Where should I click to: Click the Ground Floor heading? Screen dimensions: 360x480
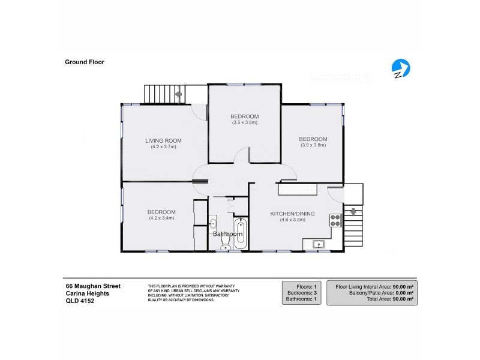coord(85,61)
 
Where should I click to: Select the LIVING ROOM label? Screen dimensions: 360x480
coord(163,141)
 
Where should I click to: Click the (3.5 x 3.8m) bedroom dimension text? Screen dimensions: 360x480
coord(244,122)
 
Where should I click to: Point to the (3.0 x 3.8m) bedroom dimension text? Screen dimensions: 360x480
coord(313,145)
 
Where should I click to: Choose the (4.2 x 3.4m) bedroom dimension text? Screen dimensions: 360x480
coord(161,218)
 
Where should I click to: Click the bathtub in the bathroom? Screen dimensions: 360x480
coord(240,234)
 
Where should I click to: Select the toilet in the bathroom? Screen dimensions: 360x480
coord(226,244)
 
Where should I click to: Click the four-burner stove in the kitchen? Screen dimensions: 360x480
coord(336,220)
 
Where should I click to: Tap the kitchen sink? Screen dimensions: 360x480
coord(319,244)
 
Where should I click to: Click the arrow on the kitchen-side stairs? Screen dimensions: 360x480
coord(353,212)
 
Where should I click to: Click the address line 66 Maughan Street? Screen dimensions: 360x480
coord(93,286)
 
